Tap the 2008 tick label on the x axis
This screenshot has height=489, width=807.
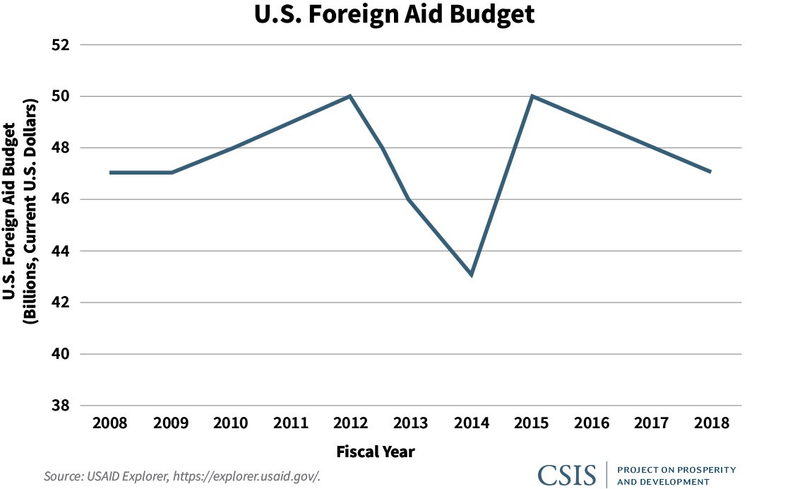point(110,423)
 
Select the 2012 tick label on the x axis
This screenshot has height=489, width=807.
point(350,423)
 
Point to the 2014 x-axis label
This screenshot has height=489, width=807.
point(471,423)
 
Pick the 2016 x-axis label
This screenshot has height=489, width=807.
point(591,423)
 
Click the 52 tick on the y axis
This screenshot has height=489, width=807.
point(63,45)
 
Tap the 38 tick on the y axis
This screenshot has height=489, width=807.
point(63,406)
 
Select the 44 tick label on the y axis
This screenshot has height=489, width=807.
point(63,251)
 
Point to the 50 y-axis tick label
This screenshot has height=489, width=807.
point(63,96)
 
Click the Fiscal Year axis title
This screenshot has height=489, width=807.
point(375,451)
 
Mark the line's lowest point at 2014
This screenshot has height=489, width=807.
point(471,275)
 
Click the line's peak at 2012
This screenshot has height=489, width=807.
point(350,96)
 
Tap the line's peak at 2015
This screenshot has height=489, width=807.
point(532,96)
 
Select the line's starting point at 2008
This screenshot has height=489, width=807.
point(111,172)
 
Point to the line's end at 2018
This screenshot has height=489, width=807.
point(710,172)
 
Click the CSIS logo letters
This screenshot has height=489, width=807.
point(566,475)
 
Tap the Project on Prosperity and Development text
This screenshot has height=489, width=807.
point(676,476)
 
